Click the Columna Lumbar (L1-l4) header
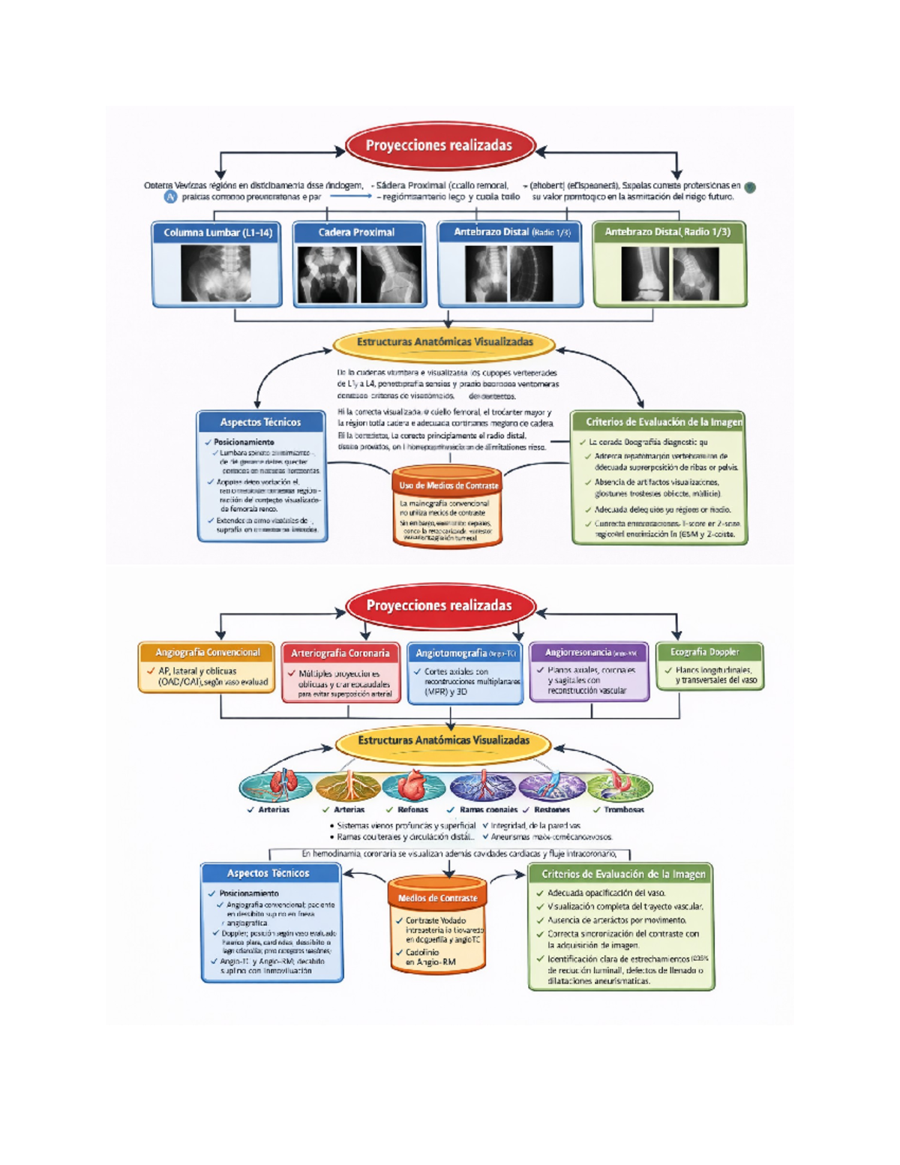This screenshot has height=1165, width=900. tap(217, 233)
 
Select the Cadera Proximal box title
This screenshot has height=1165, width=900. tap(356, 233)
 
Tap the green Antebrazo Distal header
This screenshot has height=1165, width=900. tap(667, 232)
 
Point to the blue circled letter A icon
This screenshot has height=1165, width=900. tap(171, 197)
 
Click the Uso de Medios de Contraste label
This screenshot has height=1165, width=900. tap(448, 485)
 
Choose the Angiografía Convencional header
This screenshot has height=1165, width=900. tap(208, 653)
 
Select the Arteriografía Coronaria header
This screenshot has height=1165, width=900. tap(340, 653)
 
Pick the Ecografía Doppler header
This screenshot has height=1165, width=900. tap(709, 652)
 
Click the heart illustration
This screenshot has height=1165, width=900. tap(412, 786)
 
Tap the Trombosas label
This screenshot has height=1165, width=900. tap(624, 810)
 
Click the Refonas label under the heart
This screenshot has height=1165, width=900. tap(412, 810)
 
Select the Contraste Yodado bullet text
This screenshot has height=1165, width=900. tap(436, 920)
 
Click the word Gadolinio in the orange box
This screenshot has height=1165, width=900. tap(422, 952)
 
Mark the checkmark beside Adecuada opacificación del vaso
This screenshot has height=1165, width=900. tap(539, 893)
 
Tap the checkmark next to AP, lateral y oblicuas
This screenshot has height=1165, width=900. tap(151, 671)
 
